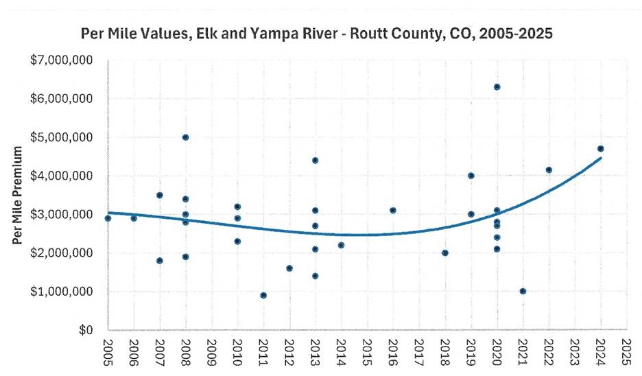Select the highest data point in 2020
[x=497, y=87]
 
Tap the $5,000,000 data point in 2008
[x=185, y=137]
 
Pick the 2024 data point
[x=601, y=149]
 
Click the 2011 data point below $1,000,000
[x=263, y=295]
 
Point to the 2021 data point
[x=523, y=291]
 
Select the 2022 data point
[x=549, y=169]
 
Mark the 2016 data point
[x=393, y=211]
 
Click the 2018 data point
[x=445, y=252]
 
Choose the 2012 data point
[x=289, y=268]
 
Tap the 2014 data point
[x=341, y=245]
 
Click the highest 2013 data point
[x=315, y=161]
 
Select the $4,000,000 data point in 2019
[x=471, y=176]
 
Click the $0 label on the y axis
[x=86, y=331]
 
